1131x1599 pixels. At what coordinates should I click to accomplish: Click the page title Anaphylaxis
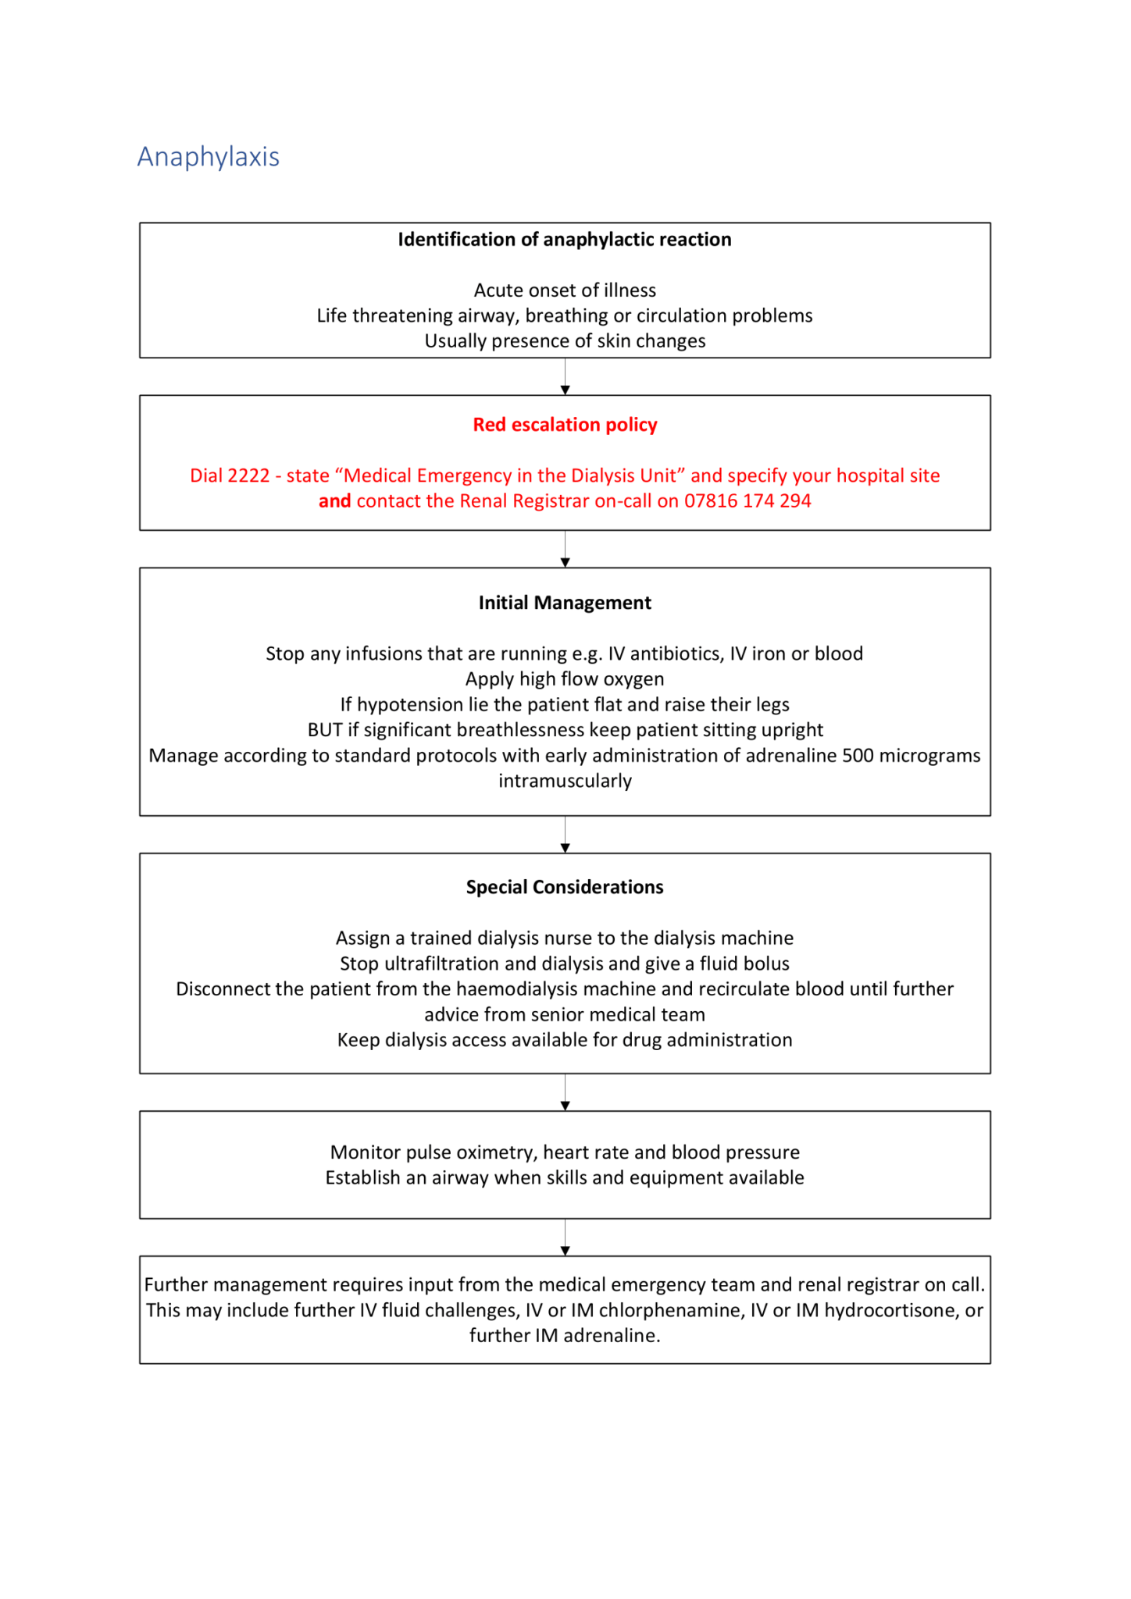click(x=208, y=157)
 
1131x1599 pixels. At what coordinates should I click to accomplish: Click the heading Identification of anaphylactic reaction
click(x=564, y=240)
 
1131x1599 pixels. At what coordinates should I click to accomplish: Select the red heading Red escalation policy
click(x=564, y=425)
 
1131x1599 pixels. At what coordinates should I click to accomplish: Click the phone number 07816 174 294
click(x=747, y=501)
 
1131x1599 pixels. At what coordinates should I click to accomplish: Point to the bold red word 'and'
click(x=334, y=501)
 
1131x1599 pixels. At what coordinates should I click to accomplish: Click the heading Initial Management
click(x=564, y=603)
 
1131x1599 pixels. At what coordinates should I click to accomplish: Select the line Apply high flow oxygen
click(x=564, y=679)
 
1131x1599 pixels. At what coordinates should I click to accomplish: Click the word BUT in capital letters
click(x=324, y=730)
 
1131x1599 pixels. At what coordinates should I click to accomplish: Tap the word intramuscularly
click(x=564, y=781)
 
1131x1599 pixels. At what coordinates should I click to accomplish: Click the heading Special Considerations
click(x=564, y=887)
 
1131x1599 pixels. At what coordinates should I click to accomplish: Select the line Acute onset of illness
click(x=564, y=290)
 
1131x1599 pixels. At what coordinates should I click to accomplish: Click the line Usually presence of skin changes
click(x=564, y=341)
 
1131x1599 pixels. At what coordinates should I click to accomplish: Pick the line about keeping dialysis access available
click(x=564, y=1040)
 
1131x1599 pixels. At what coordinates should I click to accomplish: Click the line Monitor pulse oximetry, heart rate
click(x=564, y=1152)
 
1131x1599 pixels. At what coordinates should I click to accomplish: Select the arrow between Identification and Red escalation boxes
click(x=565, y=378)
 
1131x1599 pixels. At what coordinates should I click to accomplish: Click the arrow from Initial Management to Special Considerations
click(x=565, y=835)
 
